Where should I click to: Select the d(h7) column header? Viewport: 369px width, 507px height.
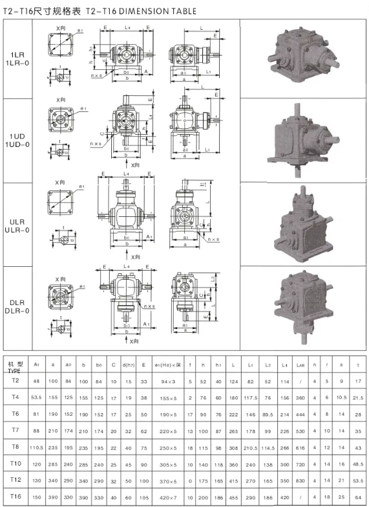(128, 363)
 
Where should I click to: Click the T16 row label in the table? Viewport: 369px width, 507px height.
(16, 495)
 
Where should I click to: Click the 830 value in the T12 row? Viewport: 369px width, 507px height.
(300, 480)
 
